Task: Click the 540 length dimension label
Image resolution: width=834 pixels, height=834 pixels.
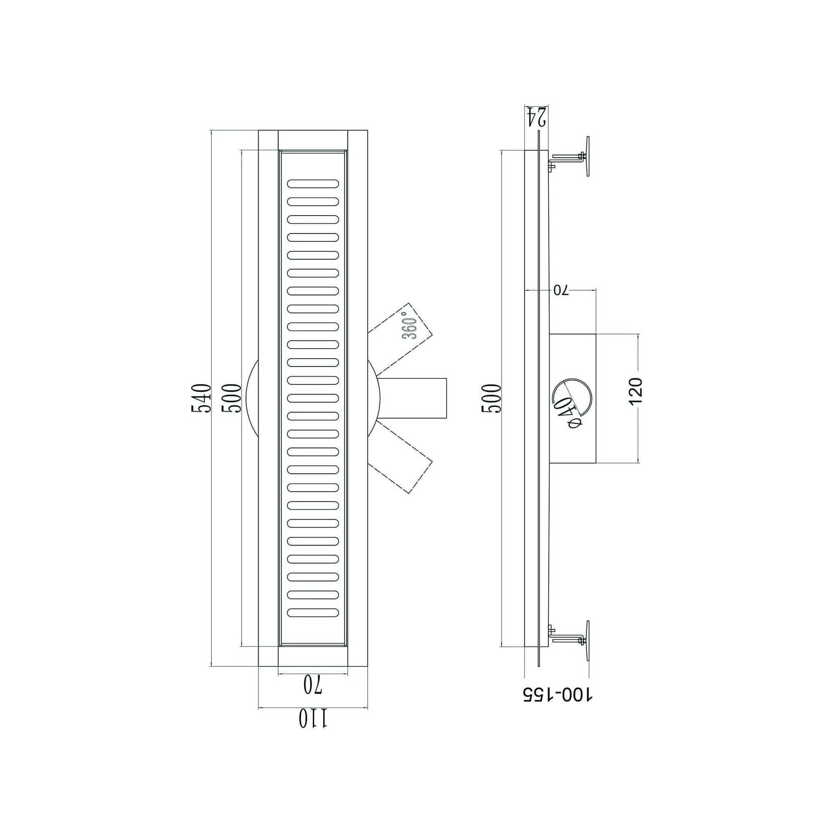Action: tap(201, 398)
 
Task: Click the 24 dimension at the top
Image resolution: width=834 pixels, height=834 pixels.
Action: tap(537, 117)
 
